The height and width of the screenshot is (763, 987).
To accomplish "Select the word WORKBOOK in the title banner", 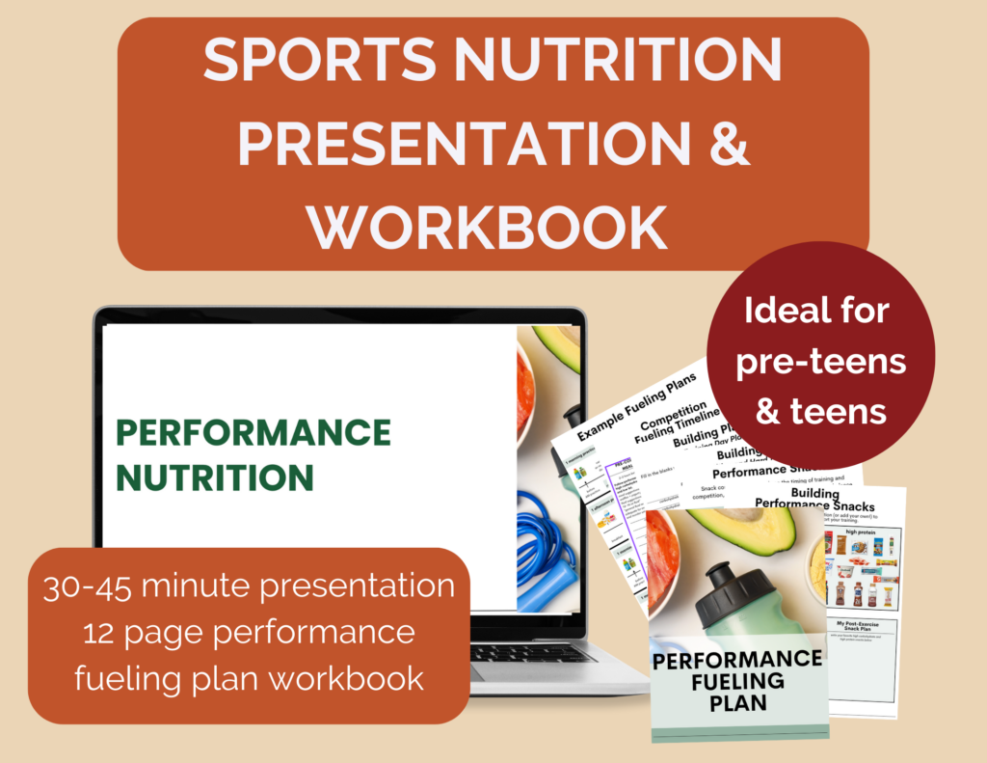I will click(493, 226).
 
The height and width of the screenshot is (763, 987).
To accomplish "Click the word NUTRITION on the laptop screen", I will click(214, 477).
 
